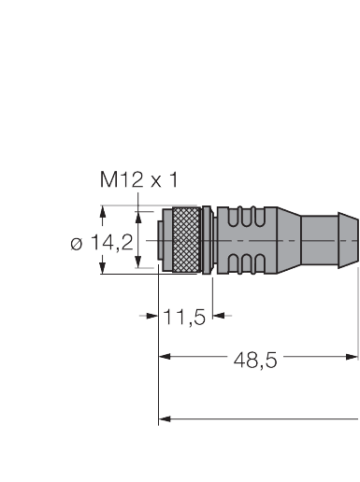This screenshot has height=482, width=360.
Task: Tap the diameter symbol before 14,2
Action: pos(78,243)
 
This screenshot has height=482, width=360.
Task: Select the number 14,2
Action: pos(112,243)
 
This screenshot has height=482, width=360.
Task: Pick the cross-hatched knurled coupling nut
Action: pos(187,241)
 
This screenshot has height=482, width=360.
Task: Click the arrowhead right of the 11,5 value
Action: pos(220,316)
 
